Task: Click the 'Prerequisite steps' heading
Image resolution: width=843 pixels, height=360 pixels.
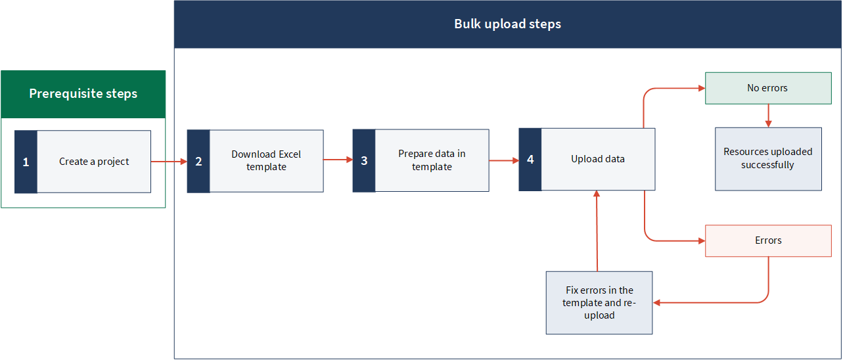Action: [x=83, y=94]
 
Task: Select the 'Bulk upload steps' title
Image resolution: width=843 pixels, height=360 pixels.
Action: [x=507, y=24]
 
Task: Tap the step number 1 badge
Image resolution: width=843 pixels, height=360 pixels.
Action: [x=26, y=162]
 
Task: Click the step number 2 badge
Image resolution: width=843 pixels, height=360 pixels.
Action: [x=198, y=162]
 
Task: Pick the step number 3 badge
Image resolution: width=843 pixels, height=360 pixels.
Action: [x=364, y=161]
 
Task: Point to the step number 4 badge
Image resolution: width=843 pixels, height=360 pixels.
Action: [x=530, y=160]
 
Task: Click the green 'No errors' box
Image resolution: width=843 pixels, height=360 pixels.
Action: [x=768, y=88]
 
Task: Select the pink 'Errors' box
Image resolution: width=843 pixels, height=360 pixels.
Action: [x=768, y=240]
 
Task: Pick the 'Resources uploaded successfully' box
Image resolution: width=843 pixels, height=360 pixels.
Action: [x=768, y=159]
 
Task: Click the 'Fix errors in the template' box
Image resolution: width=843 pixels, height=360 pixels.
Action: [x=599, y=303]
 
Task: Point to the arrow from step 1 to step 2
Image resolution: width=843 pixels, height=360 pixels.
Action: [x=169, y=162]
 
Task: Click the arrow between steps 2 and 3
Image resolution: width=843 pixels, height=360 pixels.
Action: [x=338, y=160]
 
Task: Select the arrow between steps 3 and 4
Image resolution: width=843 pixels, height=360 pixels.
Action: [x=504, y=161]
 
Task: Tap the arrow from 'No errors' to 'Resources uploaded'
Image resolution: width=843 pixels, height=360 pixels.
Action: [x=769, y=116]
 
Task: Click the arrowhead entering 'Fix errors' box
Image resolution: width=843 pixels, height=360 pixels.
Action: [x=656, y=303]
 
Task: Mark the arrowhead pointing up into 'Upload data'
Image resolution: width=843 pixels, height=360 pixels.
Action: [x=597, y=194]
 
